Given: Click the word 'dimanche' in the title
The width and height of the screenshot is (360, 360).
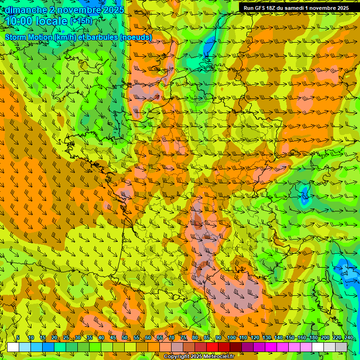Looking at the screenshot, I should tap(26, 10).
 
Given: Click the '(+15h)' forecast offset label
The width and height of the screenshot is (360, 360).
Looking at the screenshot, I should tap(81, 21).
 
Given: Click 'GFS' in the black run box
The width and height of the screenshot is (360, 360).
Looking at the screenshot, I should tap(262, 8).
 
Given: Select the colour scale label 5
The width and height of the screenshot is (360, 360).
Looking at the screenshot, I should tap(18, 337).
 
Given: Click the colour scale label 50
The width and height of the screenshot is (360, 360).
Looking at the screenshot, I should tap(125, 337).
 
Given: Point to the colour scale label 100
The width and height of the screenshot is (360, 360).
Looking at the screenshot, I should tap(232, 337).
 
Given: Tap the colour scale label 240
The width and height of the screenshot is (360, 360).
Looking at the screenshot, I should tap(349, 337).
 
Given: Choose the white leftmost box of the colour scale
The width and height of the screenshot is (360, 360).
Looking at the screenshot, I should tap(13, 347).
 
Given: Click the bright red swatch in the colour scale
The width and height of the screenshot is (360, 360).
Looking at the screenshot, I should tap(212, 347).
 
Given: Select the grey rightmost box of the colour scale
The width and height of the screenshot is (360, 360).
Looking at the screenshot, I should tap(341, 347).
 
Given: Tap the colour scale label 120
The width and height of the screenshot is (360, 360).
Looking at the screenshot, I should tap(255, 337).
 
